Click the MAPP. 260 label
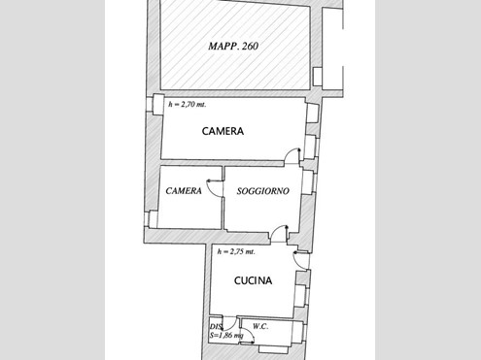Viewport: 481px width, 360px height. [x=233, y=46]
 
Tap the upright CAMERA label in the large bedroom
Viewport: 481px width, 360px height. [x=223, y=131]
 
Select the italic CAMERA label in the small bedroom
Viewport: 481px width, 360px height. [x=184, y=191]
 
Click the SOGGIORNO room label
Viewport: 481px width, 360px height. [x=262, y=191]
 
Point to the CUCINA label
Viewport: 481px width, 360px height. [x=253, y=280]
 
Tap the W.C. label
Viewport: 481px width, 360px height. [x=260, y=326]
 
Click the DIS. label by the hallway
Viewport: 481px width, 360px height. [x=216, y=327]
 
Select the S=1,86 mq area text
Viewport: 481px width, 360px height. [x=226, y=336]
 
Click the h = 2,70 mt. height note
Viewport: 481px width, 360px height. [x=187, y=104]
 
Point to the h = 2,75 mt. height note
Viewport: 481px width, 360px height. [x=236, y=251]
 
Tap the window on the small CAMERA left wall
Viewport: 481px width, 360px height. [x=153, y=219]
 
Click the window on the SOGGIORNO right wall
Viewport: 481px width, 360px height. [x=308, y=182]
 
